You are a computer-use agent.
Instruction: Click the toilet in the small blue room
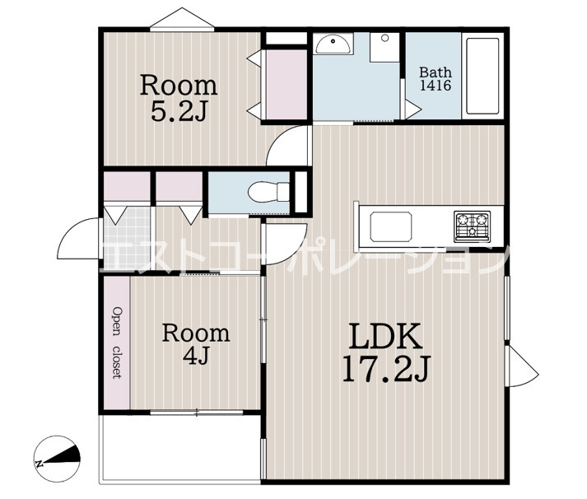268,193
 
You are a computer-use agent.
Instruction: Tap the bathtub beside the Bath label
482,76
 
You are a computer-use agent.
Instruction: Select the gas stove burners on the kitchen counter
472,226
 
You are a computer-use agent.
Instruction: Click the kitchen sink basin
391,226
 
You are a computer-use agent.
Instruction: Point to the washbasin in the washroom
333,44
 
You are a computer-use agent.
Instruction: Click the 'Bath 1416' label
435,78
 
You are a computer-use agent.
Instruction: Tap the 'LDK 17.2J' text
386,352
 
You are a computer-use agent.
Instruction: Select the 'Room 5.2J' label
179,98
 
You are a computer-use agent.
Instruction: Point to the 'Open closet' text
118,343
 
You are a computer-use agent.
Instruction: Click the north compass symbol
58,459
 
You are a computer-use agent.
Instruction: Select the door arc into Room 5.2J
288,145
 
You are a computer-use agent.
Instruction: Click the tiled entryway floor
127,238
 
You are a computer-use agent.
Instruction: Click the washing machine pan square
384,47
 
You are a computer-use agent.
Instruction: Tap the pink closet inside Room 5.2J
287,85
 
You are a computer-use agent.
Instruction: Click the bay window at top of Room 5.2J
182,19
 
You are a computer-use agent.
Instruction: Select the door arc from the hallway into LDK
286,244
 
